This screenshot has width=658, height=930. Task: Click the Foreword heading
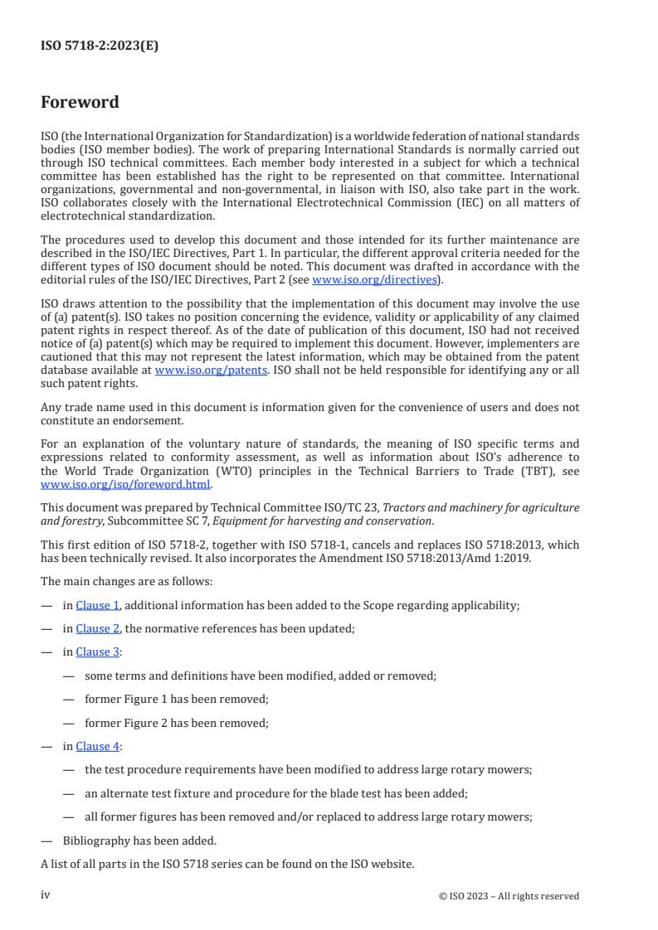[x=80, y=103]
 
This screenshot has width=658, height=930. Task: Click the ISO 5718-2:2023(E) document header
[x=100, y=46]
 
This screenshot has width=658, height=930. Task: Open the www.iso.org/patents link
[x=211, y=370]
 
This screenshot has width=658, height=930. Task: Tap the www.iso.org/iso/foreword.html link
[x=126, y=484]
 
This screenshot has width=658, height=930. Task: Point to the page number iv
[x=46, y=895]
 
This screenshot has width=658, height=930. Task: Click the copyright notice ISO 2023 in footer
[x=509, y=896]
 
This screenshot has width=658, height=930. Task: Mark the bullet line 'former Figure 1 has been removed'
[x=176, y=699]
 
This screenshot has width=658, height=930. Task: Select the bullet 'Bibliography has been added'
[x=139, y=840]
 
